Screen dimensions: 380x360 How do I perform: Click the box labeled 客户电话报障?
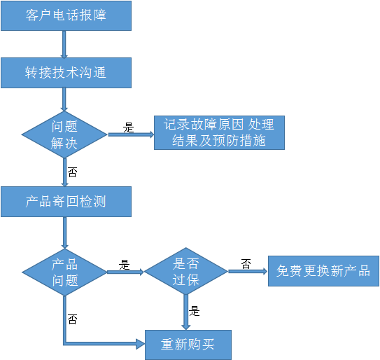[x=66, y=16]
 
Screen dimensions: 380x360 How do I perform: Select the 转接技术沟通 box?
[x=66, y=73]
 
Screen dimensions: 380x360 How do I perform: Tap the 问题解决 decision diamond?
[x=64, y=134]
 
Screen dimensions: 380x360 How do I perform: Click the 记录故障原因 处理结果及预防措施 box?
[x=219, y=132]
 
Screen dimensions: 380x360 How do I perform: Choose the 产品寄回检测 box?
[x=66, y=202]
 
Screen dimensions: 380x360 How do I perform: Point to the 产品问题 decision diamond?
[x=64, y=272]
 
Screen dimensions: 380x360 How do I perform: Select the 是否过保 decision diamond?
[x=186, y=271]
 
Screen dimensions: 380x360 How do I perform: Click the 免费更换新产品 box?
[x=323, y=271]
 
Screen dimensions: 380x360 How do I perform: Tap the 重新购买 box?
[x=188, y=345]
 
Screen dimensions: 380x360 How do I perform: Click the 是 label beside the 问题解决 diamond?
[x=129, y=127]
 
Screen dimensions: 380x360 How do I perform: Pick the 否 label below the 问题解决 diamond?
[x=73, y=172]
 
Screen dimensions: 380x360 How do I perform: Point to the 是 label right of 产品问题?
[x=125, y=265]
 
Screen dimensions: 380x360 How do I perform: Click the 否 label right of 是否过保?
[x=246, y=264]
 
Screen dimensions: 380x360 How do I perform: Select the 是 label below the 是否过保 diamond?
[x=194, y=311]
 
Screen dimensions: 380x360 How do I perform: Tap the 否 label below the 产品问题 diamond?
[x=73, y=319]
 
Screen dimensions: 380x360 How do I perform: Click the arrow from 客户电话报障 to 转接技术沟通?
[x=64, y=44]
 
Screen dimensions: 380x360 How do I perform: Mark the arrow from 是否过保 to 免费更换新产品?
[x=248, y=271]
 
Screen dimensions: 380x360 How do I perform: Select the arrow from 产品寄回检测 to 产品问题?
[x=64, y=233]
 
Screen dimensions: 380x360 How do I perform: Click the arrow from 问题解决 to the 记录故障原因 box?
[x=131, y=134]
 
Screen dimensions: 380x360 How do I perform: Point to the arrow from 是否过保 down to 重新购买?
[x=186, y=312]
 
